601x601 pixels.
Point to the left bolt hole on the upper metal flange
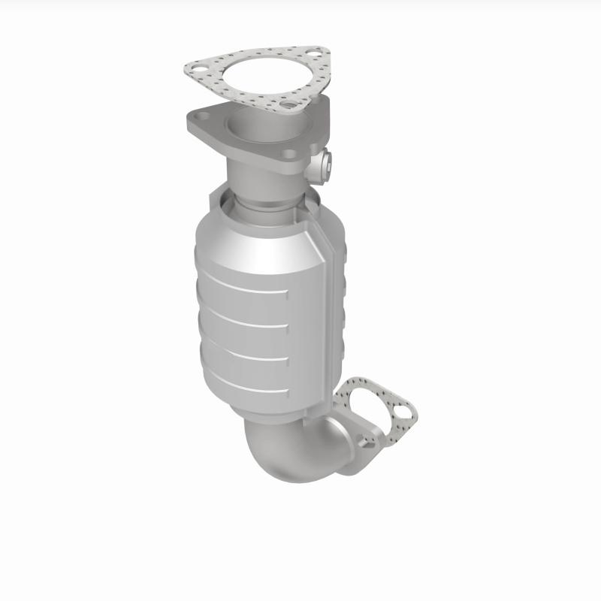(x=201, y=116)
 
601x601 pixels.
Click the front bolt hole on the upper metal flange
(x=290, y=155)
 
